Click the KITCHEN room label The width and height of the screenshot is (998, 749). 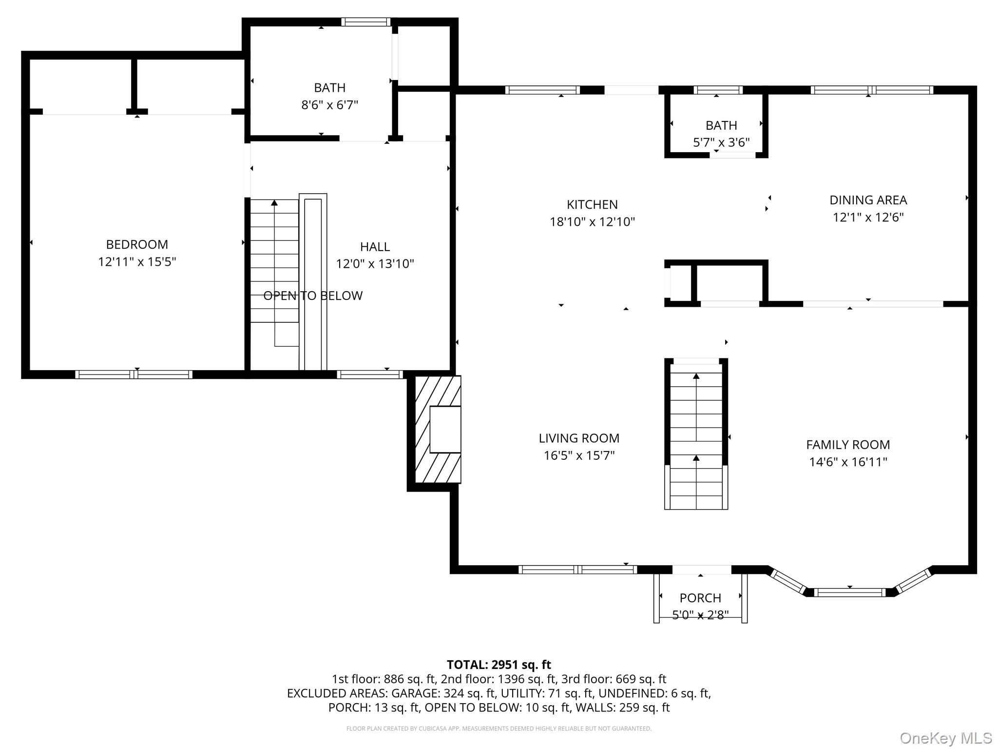pos(592,204)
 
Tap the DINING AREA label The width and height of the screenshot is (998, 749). pos(868,200)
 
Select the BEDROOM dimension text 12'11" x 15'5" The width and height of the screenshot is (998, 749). pos(137,262)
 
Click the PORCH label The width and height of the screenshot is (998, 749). pos(700,598)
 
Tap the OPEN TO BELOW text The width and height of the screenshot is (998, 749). pos(313,296)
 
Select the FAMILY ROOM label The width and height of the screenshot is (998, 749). pos(847,445)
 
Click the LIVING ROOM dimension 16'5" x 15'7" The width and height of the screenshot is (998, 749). pos(579,455)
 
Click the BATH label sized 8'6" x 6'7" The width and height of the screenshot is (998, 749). pos(329,88)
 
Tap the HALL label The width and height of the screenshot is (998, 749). pos(375,247)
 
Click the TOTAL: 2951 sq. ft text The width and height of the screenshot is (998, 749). pos(499,665)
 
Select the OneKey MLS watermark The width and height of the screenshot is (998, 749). pos(945,738)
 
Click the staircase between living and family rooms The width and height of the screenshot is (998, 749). pos(696,434)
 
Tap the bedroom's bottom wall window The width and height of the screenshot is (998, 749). pos(134,374)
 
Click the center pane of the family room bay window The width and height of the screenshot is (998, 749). pos(849,592)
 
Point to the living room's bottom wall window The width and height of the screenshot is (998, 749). pos(577,569)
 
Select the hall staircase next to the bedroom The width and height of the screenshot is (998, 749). pos(274,263)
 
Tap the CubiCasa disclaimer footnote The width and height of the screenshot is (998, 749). pos(499,729)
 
